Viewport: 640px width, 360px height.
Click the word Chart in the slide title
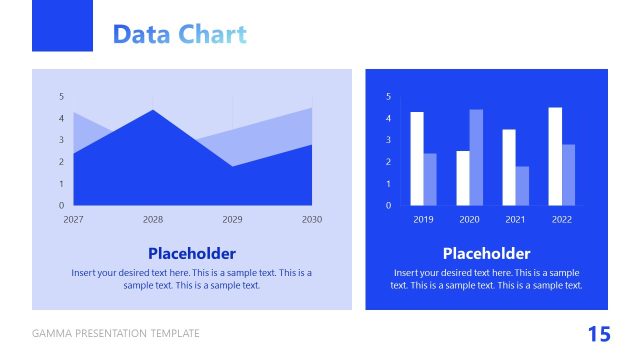212,34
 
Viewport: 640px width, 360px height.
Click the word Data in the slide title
141,34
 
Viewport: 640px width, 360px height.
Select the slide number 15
598,333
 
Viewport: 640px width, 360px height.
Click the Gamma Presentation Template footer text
116,333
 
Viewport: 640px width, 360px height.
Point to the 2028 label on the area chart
153,218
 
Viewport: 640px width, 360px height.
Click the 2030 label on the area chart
312,218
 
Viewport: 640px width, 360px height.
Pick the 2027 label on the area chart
73,218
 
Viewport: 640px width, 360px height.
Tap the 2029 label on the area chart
232,218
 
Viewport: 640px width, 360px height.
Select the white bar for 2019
417,158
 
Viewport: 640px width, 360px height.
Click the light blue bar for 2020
476,157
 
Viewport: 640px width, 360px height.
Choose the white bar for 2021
509,167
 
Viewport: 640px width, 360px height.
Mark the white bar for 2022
555,156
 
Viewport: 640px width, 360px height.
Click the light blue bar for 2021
522,185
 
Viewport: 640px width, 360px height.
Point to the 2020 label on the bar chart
469,219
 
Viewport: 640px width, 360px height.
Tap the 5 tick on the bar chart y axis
389,96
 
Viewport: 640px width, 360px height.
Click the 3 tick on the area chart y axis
62,140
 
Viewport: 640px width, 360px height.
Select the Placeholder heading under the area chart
192,253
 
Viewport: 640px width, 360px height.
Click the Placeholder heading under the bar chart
486,253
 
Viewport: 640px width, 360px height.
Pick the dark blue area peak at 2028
153,125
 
